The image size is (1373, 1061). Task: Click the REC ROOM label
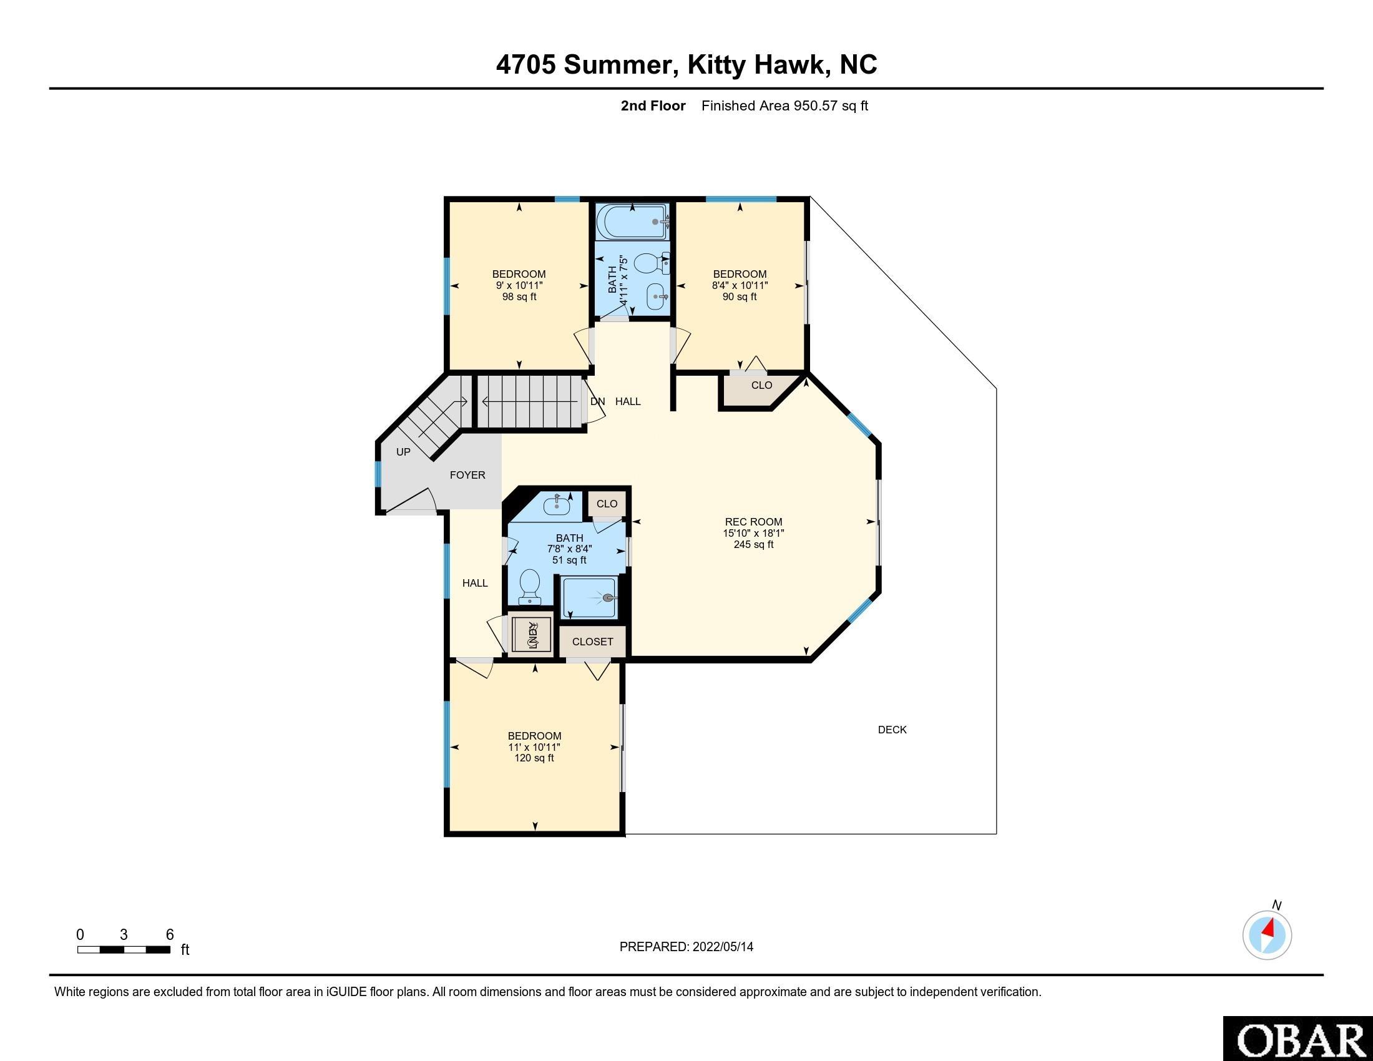[x=753, y=522]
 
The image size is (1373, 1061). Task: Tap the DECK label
[x=892, y=730]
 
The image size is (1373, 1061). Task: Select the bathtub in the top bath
[x=632, y=222]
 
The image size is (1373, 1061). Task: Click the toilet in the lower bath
[x=529, y=586]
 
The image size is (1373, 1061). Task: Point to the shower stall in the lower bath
[x=590, y=599]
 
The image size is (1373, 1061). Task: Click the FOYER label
[x=467, y=475]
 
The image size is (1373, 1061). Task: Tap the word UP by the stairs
[x=403, y=452]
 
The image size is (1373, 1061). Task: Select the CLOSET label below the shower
[x=592, y=642]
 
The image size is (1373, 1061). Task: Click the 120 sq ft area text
[x=534, y=758]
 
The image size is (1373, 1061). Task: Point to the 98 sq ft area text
[x=519, y=296]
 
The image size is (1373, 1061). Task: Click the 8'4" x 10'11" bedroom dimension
[x=740, y=285]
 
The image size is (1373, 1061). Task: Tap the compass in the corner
[x=1267, y=935]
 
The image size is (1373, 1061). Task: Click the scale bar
[x=124, y=950]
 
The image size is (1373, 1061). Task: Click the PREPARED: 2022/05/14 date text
[x=686, y=947]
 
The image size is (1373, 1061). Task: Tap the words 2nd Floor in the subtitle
[x=653, y=105]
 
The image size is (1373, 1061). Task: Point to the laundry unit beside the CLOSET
[x=531, y=635]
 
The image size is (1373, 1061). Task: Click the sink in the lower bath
[x=557, y=504]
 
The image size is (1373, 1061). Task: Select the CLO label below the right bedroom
[x=761, y=385]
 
